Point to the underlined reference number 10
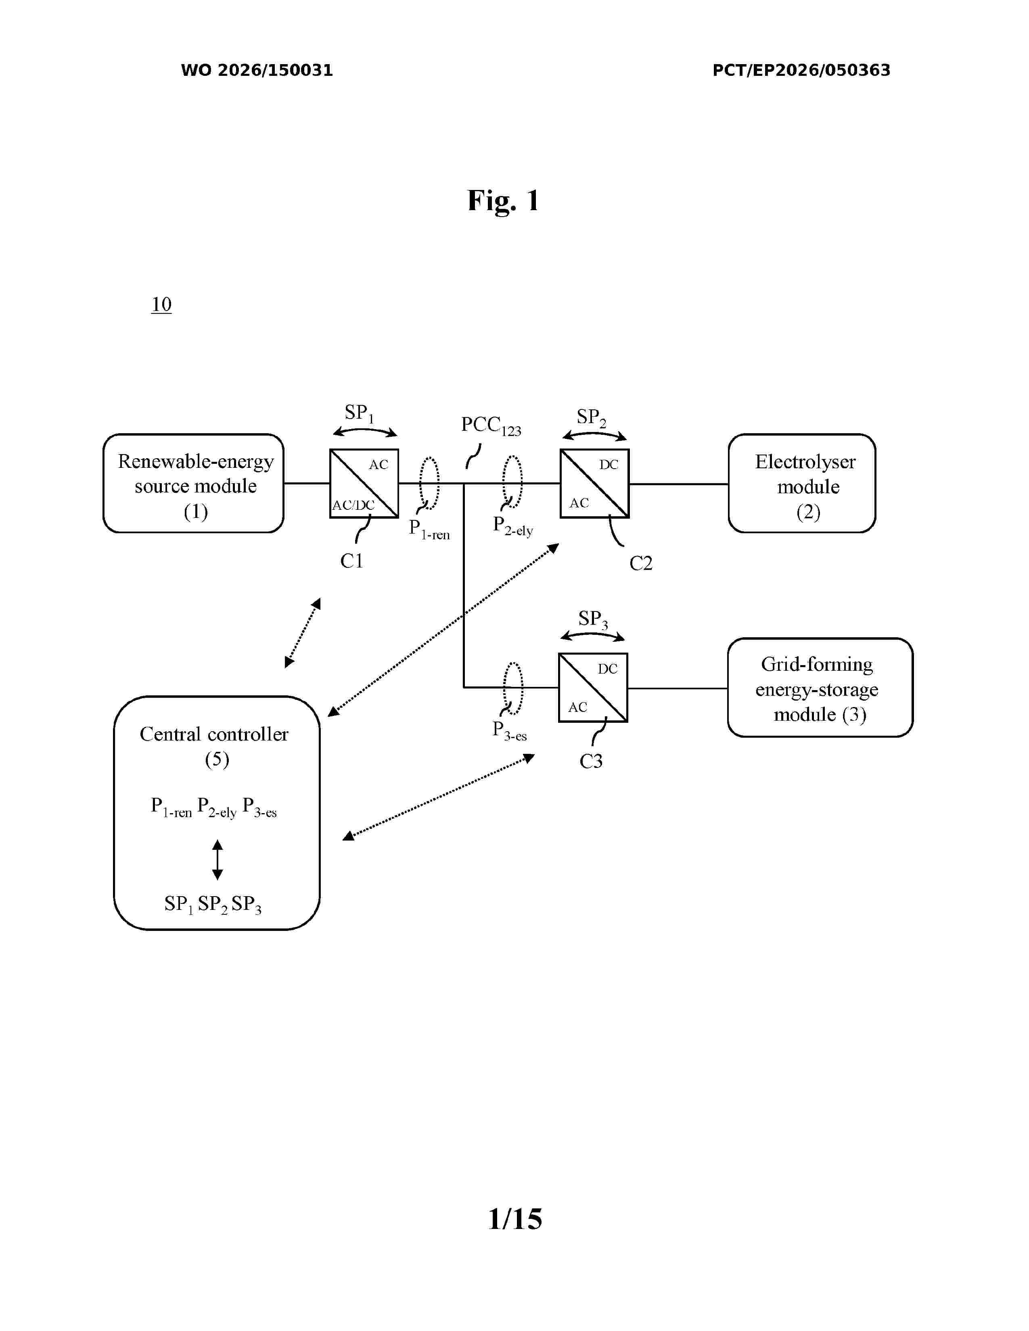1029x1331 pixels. tap(161, 304)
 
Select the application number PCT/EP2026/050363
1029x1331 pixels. tap(802, 70)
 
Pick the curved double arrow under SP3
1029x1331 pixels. tap(592, 634)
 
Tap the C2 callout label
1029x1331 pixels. tap(641, 563)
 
